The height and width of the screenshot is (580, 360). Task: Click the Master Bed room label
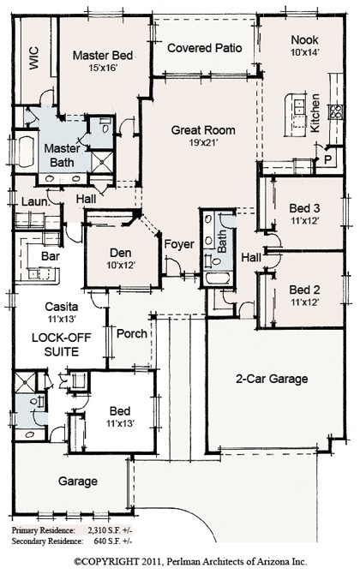point(102,56)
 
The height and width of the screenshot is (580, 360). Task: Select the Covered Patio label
point(204,48)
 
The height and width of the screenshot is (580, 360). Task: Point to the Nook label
point(303,40)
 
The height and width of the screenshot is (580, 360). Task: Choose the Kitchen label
point(315,111)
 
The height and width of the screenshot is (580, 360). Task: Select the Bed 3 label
point(304,208)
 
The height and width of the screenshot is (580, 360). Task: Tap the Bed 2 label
point(304,289)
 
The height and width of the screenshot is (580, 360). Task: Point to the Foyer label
point(180,243)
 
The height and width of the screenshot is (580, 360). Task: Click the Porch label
point(131,333)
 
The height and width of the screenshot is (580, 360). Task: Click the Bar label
point(50,255)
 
